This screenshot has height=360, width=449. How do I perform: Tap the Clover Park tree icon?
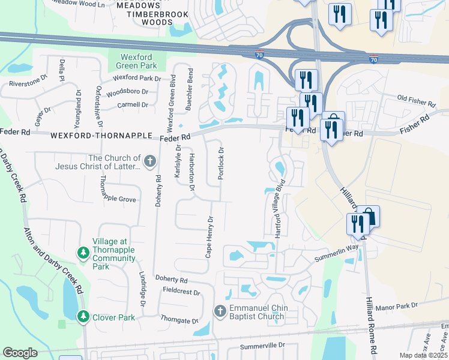click(x=83, y=316)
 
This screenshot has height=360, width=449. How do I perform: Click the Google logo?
click(x=20, y=353)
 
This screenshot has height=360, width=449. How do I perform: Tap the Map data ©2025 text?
click(x=424, y=355)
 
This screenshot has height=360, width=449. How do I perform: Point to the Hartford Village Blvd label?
click(x=279, y=212)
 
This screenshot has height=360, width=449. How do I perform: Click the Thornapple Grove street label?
click(x=118, y=199)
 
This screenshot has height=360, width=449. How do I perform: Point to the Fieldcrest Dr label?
click(x=181, y=291)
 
